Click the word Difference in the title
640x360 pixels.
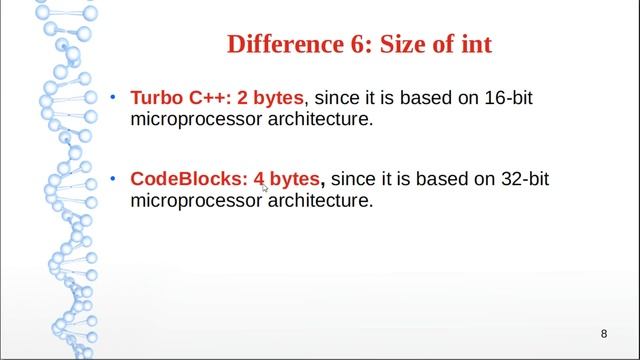[x=281, y=45]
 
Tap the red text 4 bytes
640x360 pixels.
[x=288, y=180]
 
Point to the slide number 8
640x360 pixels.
[x=604, y=333]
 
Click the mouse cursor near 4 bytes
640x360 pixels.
[x=265, y=187]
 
